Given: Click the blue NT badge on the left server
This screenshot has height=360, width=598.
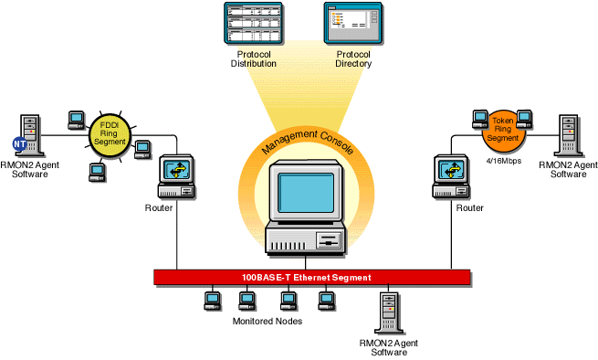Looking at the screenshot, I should (19, 143).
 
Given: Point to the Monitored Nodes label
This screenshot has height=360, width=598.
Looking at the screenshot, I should (268, 321).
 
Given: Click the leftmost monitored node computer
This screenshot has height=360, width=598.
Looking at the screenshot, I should (212, 299).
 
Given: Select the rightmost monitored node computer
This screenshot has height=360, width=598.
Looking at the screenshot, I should (325, 299).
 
